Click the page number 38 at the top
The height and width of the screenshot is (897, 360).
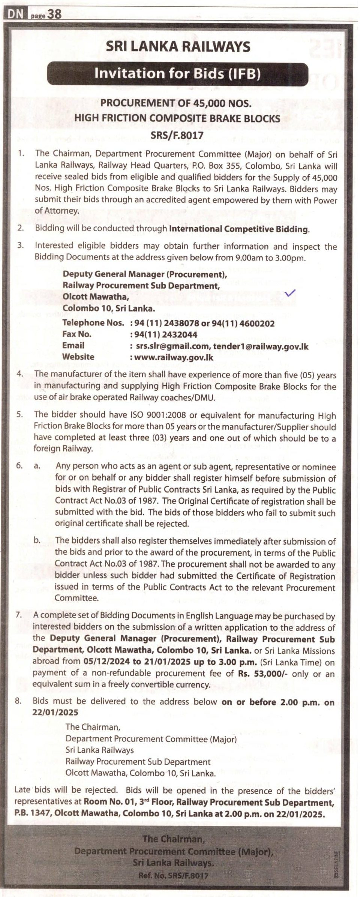click(55, 14)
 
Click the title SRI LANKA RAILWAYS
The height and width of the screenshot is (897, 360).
click(178, 46)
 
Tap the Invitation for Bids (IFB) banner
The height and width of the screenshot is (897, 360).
click(177, 73)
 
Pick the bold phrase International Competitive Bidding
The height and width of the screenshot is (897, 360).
click(239, 229)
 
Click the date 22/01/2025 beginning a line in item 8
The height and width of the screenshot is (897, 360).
click(55, 712)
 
